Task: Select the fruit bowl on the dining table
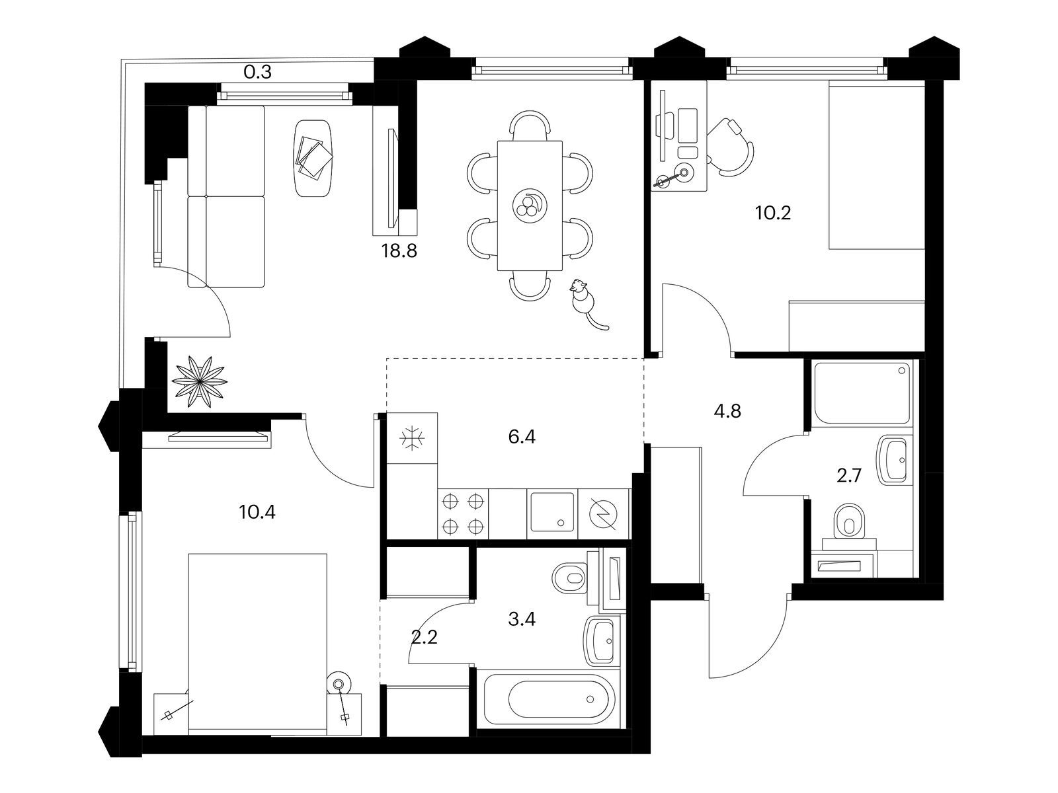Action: coord(530,206)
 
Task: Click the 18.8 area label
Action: coord(399,251)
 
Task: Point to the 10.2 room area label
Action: coord(773,212)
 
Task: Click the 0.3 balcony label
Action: coord(257,72)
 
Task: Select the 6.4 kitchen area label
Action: coord(522,437)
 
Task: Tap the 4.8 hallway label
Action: coord(727,411)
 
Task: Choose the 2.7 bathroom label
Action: coord(848,476)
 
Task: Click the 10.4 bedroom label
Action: coord(257,511)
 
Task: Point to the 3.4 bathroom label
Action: coord(522,619)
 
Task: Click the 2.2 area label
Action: coord(424,638)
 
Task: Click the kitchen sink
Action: coord(552,513)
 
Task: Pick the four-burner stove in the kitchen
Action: coord(464,513)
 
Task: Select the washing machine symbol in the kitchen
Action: coord(604,514)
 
